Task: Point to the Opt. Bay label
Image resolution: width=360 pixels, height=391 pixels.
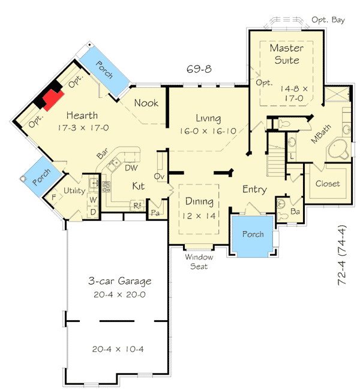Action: [x=328, y=20]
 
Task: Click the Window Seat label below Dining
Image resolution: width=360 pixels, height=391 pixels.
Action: [x=198, y=262]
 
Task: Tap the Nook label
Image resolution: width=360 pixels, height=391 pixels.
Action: [x=146, y=103]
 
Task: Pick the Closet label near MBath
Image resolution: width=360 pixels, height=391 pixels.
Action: [x=327, y=184]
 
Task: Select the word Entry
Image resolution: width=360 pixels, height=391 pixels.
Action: [x=254, y=190]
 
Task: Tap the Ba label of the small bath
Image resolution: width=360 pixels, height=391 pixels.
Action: [x=295, y=211]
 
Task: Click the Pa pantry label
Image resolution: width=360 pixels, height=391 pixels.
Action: [x=155, y=213]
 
